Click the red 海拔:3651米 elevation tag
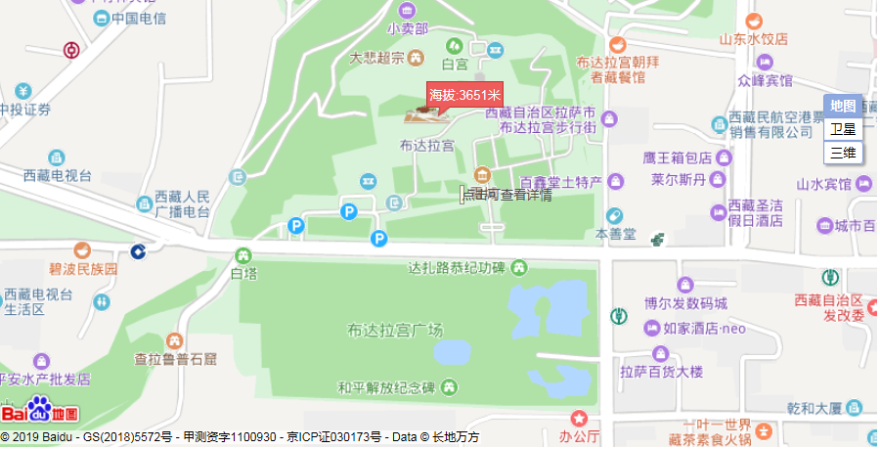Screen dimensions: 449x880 [464, 95]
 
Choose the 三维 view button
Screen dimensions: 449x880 [843, 152]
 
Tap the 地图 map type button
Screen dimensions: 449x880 [843, 106]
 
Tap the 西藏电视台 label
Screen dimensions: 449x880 [58, 176]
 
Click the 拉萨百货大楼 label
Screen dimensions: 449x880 [661, 371]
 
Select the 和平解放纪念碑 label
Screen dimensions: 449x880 [386, 387]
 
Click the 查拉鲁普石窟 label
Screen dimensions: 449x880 [175, 359]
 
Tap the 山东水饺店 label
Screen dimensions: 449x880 [753, 40]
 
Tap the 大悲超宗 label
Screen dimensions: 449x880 [376, 58]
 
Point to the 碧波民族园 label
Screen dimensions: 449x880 [83, 268]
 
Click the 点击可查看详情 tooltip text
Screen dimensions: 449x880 [506, 195]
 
